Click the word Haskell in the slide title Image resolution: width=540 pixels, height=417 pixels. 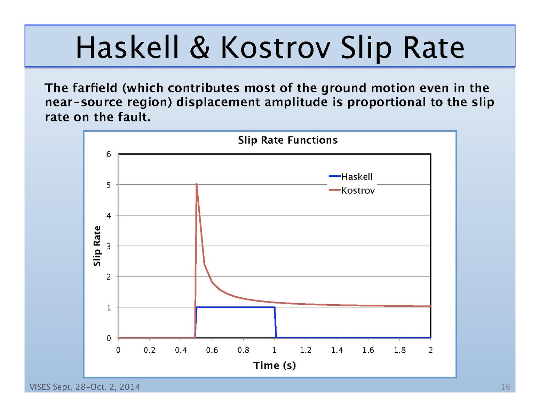click(x=127, y=47)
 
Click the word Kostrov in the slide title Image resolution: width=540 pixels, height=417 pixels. click(x=275, y=47)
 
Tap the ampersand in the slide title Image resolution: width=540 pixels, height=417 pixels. click(x=200, y=48)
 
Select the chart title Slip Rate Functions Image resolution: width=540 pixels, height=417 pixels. click(x=288, y=140)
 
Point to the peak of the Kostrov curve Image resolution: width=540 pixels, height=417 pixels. click(x=197, y=184)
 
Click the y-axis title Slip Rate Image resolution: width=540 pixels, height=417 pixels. click(x=97, y=246)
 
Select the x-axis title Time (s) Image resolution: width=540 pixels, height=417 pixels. click(x=275, y=365)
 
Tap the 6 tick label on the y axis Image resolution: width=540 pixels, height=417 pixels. click(x=109, y=154)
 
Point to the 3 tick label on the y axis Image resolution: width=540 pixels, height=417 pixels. click(x=109, y=246)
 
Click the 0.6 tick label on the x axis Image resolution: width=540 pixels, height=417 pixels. click(x=212, y=350)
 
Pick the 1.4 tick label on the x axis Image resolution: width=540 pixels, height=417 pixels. click(x=337, y=350)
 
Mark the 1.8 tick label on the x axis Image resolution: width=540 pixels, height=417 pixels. click(x=399, y=350)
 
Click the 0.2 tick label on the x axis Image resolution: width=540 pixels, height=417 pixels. click(x=149, y=350)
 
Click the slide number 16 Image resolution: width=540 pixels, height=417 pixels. click(x=505, y=387)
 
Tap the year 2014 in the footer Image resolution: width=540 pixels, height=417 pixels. click(x=130, y=387)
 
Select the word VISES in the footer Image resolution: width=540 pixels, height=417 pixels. click(x=40, y=387)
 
